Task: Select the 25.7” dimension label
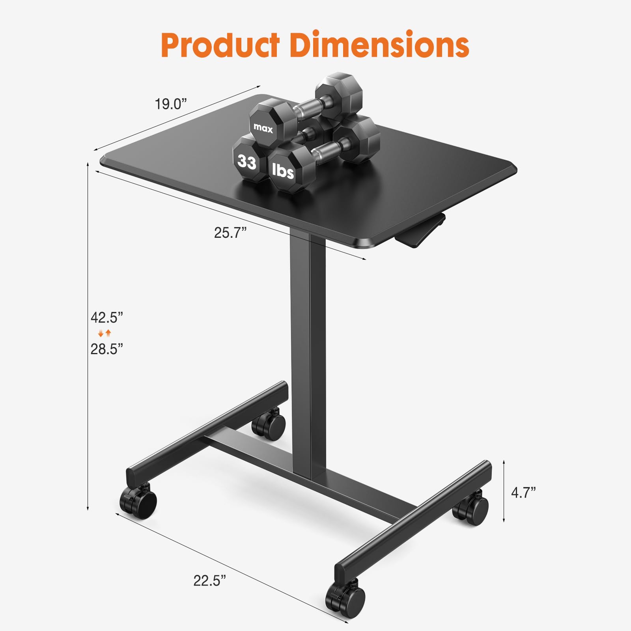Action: [x=230, y=233]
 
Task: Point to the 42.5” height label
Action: [x=107, y=317]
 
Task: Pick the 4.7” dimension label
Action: [x=523, y=493]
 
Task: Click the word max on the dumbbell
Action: [x=263, y=128]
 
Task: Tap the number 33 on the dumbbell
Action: [x=247, y=162]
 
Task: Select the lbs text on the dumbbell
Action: [x=283, y=171]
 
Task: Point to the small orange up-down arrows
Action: [x=105, y=333]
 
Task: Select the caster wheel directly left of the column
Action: [x=269, y=424]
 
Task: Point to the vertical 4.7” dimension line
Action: [x=504, y=491]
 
